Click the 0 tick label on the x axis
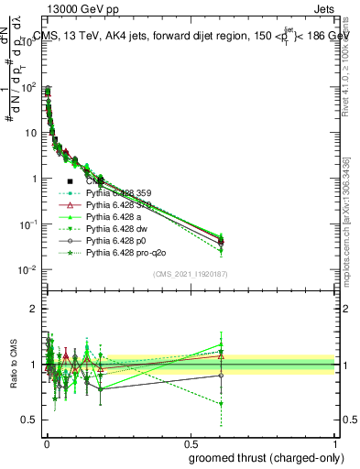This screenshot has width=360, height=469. [x=46, y=442]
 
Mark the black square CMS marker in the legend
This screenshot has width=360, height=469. [x=71, y=182]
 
